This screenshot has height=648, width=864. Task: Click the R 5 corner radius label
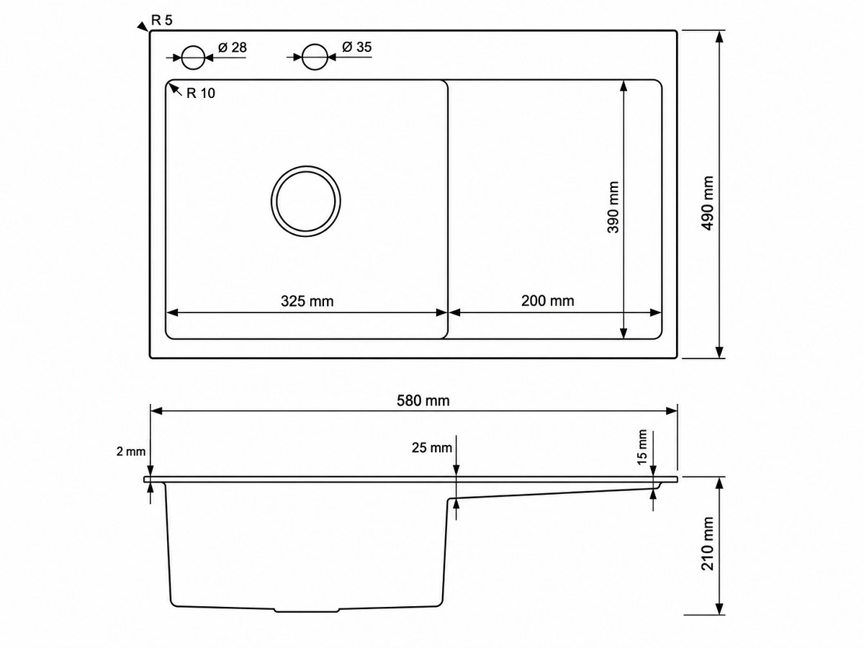coord(162,20)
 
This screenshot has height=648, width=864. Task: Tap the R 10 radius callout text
coord(201,94)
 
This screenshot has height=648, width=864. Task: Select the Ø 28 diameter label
coord(233,48)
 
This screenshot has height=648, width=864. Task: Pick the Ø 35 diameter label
coord(356,48)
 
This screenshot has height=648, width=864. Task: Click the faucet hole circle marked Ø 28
coord(193,45)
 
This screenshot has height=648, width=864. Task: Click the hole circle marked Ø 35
coord(315,44)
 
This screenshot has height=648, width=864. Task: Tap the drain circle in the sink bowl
coord(306,166)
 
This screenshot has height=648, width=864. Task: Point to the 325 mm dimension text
coord(307,302)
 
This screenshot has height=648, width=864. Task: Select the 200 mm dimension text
coord(547,301)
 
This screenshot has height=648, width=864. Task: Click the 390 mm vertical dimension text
coord(613,207)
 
